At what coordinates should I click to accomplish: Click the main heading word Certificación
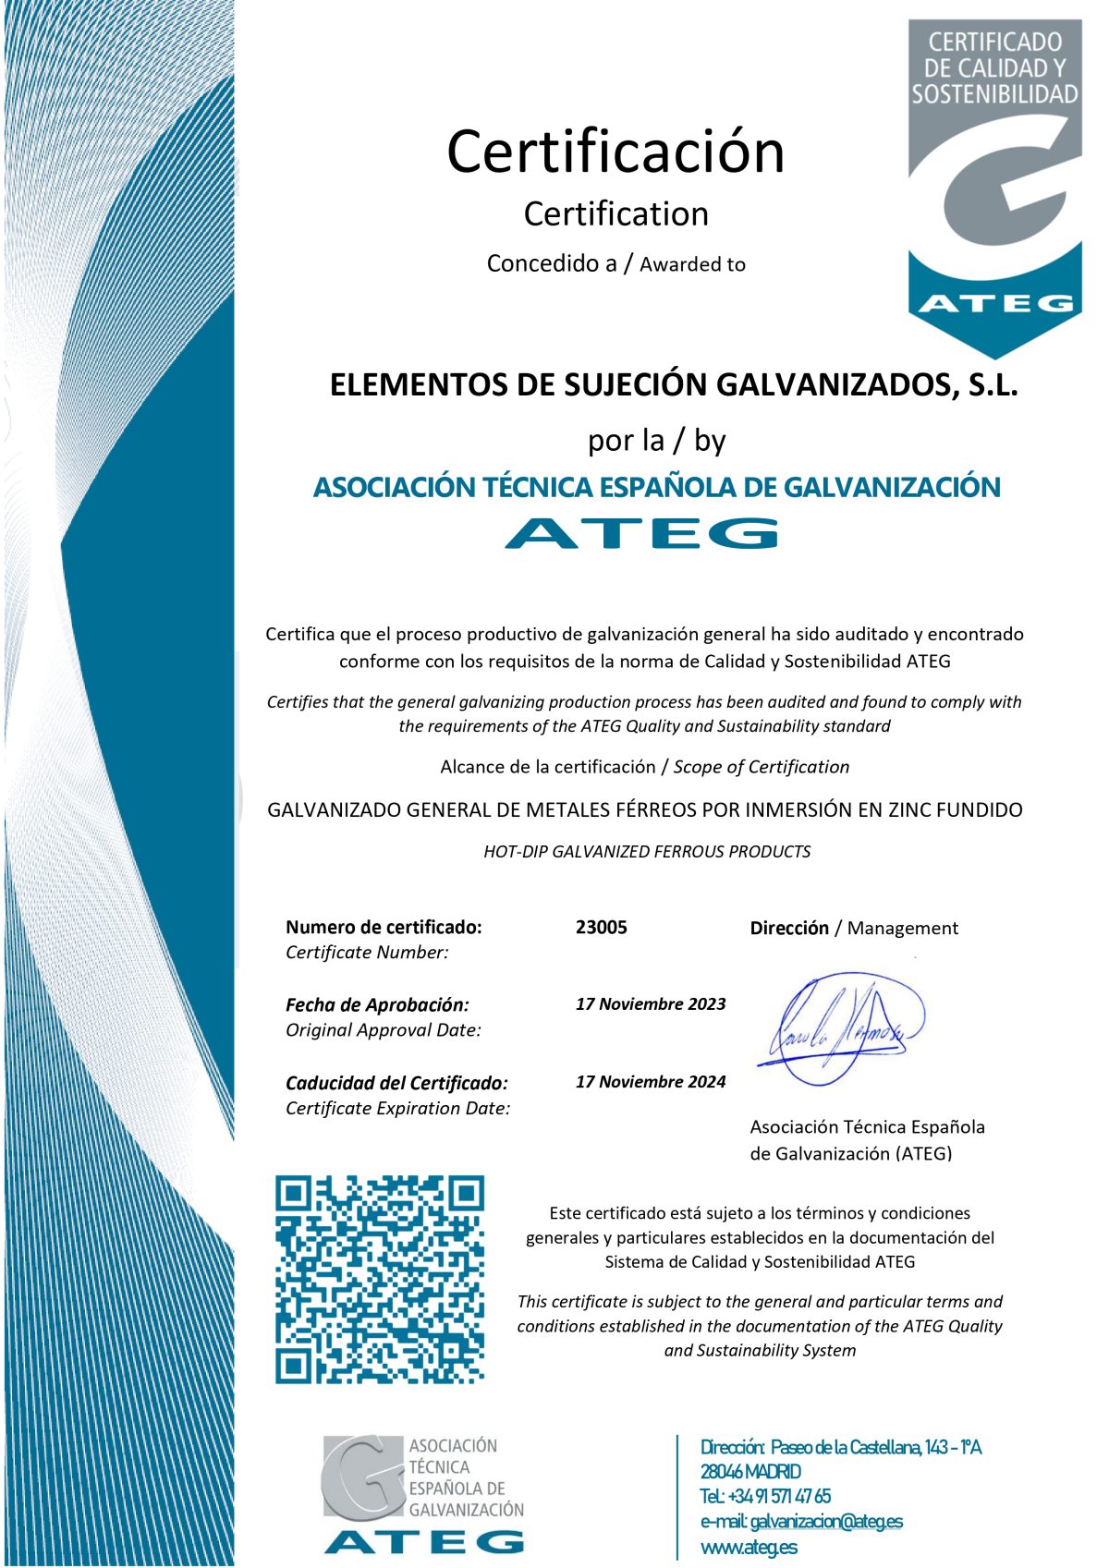click(615, 152)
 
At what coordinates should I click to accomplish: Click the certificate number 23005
click(601, 927)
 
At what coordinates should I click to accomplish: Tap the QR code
click(380, 1280)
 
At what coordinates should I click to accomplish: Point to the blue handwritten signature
click(841, 1026)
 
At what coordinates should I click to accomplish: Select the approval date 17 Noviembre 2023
click(651, 1004)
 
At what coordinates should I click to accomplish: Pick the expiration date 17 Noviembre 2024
click(651, 1082)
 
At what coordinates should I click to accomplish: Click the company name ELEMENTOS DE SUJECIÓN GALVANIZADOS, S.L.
click(674, 384)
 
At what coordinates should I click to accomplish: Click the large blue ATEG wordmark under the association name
click(641, 533)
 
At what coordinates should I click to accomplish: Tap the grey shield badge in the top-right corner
click(994, 185)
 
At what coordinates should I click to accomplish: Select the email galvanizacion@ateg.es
click(826, 1521)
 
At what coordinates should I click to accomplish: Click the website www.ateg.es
click(749, 1547)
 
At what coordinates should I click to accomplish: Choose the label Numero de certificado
click(384, 927)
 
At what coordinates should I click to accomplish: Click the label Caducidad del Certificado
click(396, 1083)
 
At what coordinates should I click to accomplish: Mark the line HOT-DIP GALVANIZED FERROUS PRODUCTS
click(647, 852)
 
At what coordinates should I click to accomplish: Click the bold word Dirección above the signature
click(789, 928)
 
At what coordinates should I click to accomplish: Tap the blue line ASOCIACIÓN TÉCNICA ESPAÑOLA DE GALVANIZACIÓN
click(656, 487)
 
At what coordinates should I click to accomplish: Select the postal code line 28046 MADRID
click(750, 1472)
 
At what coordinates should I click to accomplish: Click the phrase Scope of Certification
click(762, 767)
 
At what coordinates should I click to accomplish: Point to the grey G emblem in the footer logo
click(363, 1476)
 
